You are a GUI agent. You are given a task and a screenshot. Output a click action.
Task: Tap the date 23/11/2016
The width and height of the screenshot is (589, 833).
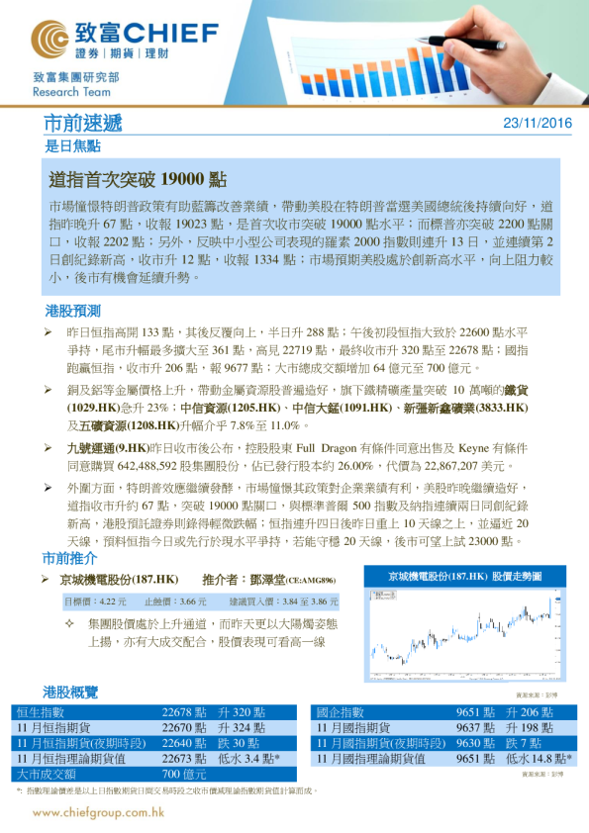(538, 124)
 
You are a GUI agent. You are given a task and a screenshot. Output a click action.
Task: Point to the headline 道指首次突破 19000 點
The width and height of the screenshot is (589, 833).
(138, 180)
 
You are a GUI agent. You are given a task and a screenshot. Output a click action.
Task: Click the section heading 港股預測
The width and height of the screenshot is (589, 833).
(71, 311)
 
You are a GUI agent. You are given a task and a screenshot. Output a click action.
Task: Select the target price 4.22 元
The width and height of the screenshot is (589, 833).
(115, 601)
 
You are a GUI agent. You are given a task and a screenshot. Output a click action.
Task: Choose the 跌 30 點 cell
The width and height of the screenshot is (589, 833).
(239, 743)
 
